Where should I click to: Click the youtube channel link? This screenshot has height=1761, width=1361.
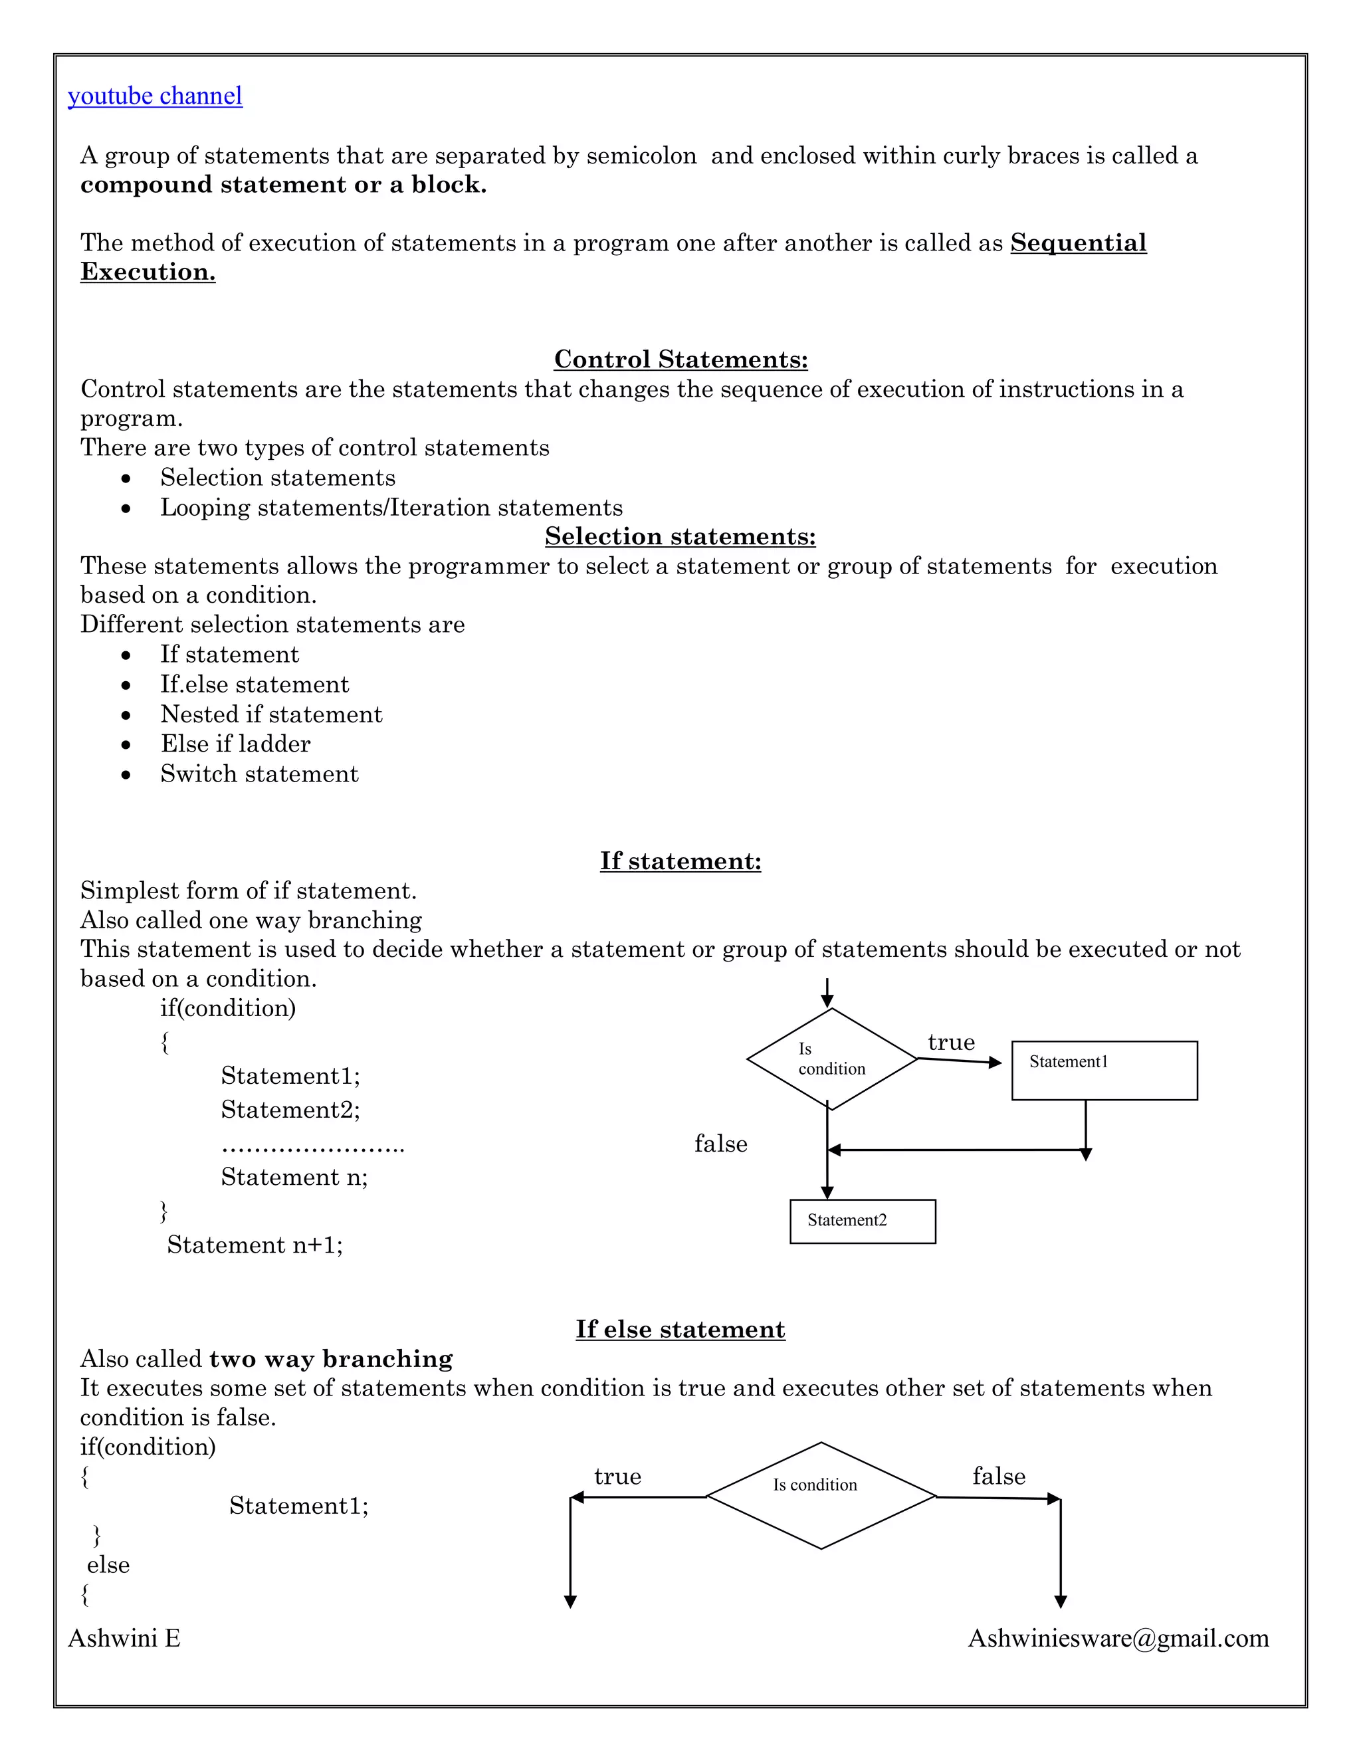(x=155, y=96)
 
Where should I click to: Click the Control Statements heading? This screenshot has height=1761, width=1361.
(x=680, y=359)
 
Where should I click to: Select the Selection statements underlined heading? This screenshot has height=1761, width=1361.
(x=680, y=536)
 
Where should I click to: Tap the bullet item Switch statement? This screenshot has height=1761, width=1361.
(x=259, y=774)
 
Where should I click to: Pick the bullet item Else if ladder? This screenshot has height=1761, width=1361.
(x=235, y=744)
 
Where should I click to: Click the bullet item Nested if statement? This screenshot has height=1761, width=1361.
(x=271, y=714)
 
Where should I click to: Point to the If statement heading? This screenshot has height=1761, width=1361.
(x=680, y=861)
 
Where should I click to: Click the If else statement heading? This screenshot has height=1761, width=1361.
(x=680, y=1330)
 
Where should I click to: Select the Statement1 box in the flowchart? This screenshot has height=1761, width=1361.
(x=1104, y=1071)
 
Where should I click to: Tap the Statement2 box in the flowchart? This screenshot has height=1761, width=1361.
(x=862, y=1221)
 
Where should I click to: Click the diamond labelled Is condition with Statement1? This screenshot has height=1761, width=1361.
(x=831, y=1059)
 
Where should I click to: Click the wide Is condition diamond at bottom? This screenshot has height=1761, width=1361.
(x=820, y=1496)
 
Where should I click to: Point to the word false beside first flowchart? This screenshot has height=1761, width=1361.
(x=721, y=1144)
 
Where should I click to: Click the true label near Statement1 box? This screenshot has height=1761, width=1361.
(x=952, y=1043)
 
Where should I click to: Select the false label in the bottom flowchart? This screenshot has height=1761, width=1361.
(x=998, y=1477)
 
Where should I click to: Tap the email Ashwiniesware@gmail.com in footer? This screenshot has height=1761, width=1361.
(x=1118, y=1639)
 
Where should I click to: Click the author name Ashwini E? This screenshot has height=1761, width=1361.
(x=124, y=1639)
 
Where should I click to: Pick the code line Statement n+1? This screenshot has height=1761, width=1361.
(x=255, y=1245)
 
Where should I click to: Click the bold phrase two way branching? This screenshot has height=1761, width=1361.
(x=330, y=1360)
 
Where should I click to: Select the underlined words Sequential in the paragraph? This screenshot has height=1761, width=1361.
(x=1078, y=243)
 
